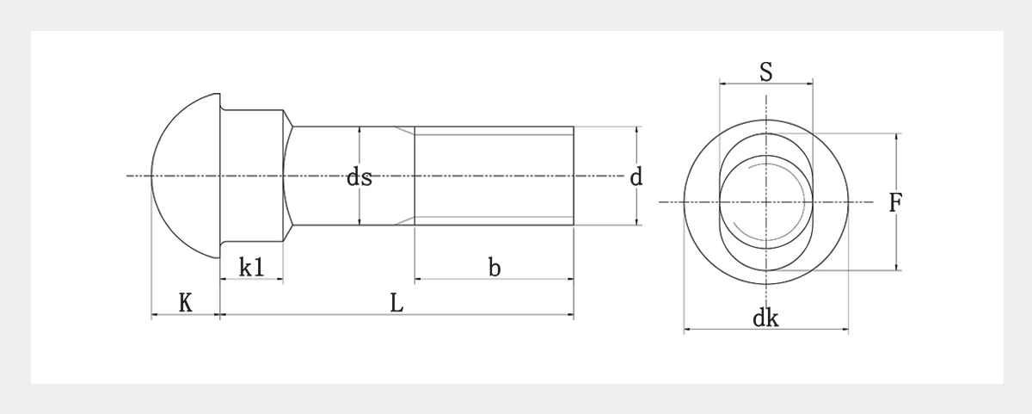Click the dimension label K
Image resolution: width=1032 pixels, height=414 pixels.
point(185,303)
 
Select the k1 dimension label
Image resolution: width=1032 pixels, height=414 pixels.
point(251,268)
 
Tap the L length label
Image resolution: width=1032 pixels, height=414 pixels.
point(396,303)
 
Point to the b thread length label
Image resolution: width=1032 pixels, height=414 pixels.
point(494,268)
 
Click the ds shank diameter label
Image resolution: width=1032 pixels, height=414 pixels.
point(359,177)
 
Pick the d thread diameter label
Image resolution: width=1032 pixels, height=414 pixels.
point(636,177)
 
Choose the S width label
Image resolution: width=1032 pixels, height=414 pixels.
point(766,72)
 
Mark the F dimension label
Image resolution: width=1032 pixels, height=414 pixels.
point(895,203)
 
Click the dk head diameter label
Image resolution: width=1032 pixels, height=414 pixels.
point(765,318)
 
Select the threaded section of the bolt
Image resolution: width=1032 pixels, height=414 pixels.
point(494,176)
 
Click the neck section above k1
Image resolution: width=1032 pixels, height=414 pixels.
point(252,176)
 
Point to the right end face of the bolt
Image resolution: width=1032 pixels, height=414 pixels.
point(573,176)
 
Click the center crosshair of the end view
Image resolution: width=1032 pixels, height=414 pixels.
point(766,202)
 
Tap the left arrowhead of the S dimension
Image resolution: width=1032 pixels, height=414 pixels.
point(722,83)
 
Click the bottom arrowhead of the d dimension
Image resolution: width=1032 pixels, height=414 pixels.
point(637,222)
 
